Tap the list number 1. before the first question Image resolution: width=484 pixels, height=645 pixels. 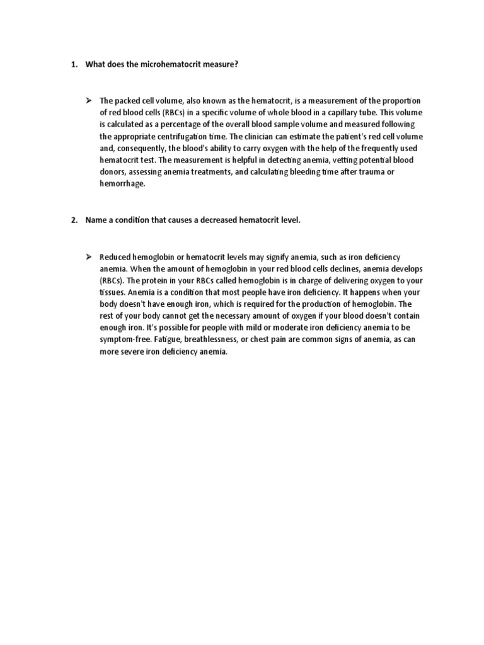pyautogui.click(x=73, y=65)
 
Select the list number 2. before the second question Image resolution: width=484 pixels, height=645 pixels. pyautogui.click(x=73, y=219)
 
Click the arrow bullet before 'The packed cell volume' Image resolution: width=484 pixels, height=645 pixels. pyautogui.click(x=89, y=101)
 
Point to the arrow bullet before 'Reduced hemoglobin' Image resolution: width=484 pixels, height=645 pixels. pyautogui.click(x=89, y=257)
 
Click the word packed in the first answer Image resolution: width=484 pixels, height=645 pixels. pyautogui.click(x=127, y=101)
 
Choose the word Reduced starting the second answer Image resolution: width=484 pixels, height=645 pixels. pyautogui.click(x=114, y=257)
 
